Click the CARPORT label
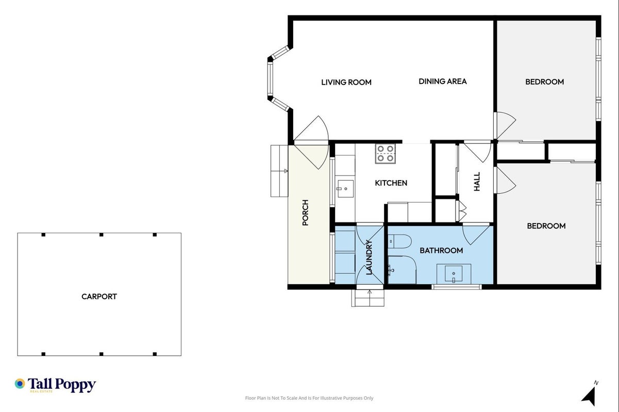click(x=99, y=297)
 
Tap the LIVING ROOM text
click(x=346, y=82)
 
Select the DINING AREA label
click(x=443, y=81)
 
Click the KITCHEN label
click(x=391, y=183)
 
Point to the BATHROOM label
click(x=441, y=250)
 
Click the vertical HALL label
click(x=477, y=181)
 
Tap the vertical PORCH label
click(x=305, y=213)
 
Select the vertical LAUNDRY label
click(x=369, y=257)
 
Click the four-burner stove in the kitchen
click(x=385, y=153)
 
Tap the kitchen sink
click(x=345, y=189)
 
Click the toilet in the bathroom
click(x=399, y=242)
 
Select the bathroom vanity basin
click(x=454, y=273)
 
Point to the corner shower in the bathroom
click(x=402, y=270)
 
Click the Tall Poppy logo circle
click(x=20, y=384)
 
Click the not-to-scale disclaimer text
click(x=309, y=398)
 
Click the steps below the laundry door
click(x=368, y=298)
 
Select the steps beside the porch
click(x=279, y=171)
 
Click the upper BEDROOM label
click(x=545, y=82)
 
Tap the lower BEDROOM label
click(x=546, y=226)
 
